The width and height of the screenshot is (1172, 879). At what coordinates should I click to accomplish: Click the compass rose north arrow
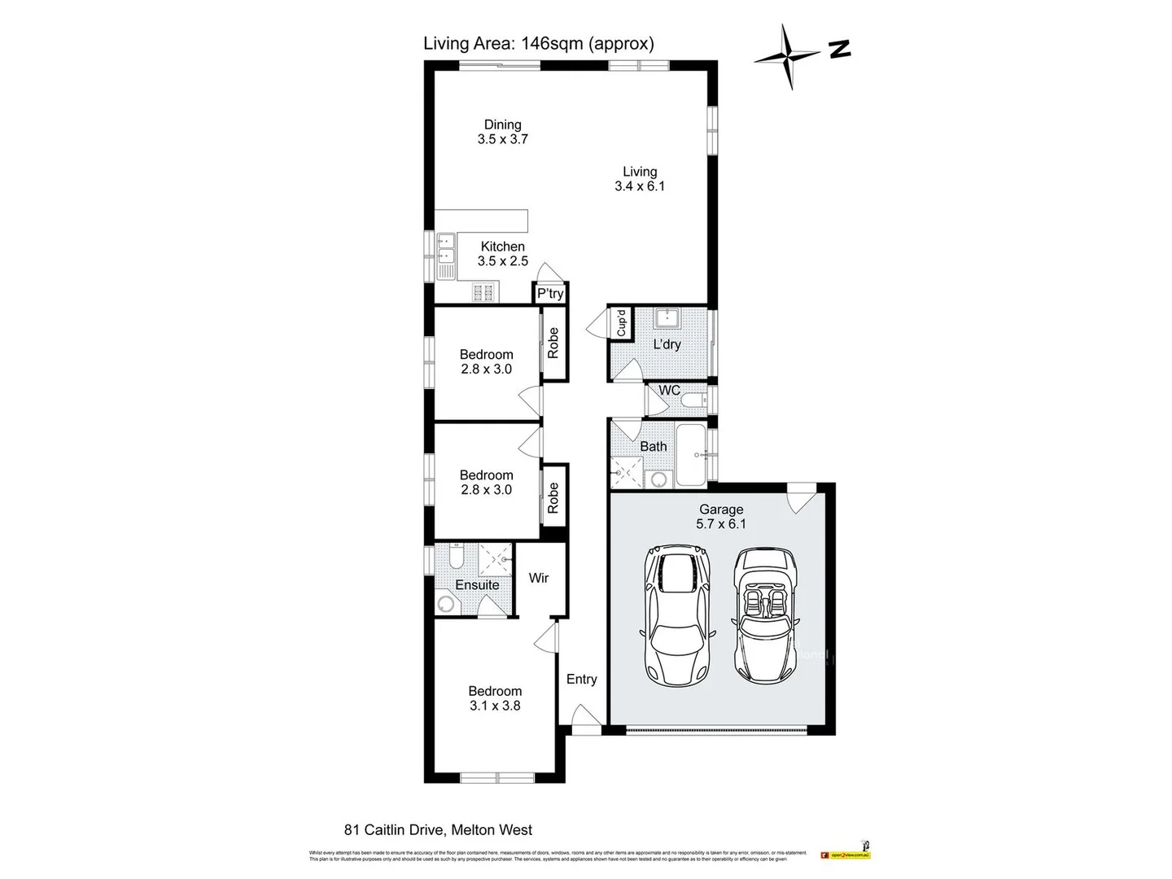787,55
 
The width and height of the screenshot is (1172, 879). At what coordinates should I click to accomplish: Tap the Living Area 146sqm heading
538,43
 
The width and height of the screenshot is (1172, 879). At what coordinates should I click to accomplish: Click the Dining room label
502,125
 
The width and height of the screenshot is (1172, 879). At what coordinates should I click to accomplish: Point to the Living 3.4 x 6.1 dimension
640,186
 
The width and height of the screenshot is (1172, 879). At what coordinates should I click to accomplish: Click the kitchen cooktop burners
483,292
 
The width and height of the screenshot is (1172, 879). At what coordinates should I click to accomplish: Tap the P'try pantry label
550,294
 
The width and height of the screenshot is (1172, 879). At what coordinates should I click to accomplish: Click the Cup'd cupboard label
621,323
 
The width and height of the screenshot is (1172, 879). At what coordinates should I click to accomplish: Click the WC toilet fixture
693,400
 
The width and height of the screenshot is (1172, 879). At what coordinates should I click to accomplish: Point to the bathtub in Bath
693,454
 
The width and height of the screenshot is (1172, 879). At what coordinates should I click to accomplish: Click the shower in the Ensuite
495,559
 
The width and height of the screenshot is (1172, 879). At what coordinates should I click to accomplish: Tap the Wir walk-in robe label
538,578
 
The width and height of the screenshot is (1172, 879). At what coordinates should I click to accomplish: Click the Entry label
581,679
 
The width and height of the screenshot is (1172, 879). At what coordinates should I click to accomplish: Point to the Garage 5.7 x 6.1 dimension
720,524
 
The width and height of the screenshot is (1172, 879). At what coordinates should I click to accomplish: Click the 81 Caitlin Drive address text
438,830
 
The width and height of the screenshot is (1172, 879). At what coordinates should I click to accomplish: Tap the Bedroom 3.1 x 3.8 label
495,698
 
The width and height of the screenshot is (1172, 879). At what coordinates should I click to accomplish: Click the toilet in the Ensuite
456,558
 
